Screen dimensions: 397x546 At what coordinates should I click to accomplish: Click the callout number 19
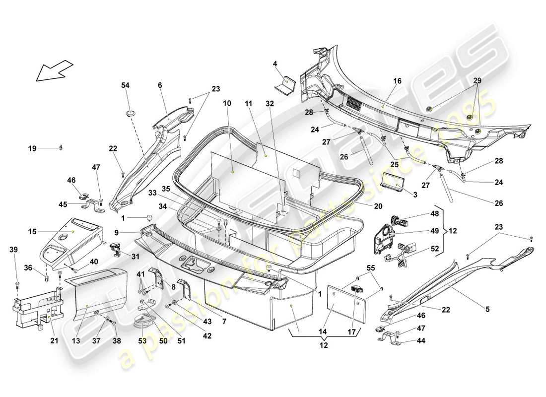[x=32, y=148]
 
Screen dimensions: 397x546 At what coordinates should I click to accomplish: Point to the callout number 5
[x=487, y=310]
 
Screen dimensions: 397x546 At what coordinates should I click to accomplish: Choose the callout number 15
[x=32, y=231]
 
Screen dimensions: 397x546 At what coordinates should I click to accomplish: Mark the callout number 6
[x=160, y=85]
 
